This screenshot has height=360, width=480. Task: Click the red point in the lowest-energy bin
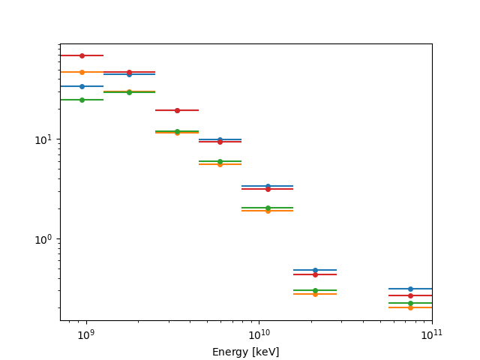click(x=82, y=55)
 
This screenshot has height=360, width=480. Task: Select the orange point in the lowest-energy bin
click(x=82, y=72)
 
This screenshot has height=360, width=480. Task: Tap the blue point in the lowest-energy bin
click(x=82, y=86)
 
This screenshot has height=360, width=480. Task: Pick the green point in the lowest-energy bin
click(x=82, y=100)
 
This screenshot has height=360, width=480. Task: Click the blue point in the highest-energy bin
click(x=410, y=289)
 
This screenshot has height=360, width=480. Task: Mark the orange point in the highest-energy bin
click(x=410, y=307)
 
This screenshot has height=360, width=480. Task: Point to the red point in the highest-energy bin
click(x=410, y=295)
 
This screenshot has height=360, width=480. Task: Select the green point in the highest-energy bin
click(x=410, y=303)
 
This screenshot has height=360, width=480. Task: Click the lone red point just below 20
click(x=177, y=110)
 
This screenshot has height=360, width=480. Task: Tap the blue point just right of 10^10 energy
click(x=268, y=186)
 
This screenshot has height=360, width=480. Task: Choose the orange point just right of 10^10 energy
click(x=268, y=211)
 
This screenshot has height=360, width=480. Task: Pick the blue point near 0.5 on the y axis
click(x=315, y=270)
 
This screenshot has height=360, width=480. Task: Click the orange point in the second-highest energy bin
click(x=315, y=294)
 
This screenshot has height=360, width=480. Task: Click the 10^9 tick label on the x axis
click(x=85, y=334)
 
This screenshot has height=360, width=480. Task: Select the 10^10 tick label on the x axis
click(x=259, y=334)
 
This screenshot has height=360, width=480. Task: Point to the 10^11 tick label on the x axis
click(x=431, y=334)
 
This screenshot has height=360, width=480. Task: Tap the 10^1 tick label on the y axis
click(x=44, y=140)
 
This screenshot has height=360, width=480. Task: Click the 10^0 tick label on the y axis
click(x=44, y=240)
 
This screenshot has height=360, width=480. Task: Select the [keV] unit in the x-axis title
click(x=266, y=352)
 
